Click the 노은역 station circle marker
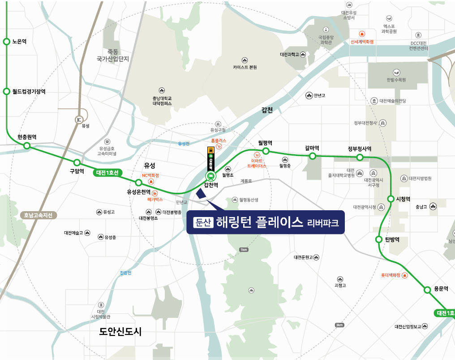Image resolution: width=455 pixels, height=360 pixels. point(6,41)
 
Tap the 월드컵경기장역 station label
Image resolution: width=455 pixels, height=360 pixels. point(29,91)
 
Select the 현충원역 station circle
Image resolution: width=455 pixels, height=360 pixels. point(26,146)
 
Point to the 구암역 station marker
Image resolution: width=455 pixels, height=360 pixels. point(77,162)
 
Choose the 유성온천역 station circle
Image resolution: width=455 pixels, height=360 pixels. point(139,182)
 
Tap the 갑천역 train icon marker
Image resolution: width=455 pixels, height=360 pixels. point(210,176)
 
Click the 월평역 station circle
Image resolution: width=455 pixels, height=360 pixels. point(266,151)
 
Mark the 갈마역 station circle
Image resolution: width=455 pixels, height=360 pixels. point(312,156)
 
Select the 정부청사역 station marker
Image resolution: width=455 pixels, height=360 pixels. point(359,157)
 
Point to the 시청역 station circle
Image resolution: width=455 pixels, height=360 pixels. point(391,199)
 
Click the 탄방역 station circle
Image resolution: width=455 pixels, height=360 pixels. point(378,239)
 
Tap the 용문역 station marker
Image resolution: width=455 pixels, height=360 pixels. point(427,290)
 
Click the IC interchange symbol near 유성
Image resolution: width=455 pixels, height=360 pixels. point(79,120)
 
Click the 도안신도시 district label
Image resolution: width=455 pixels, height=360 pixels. point(120,331)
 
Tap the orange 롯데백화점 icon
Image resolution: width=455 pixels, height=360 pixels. point(405,275)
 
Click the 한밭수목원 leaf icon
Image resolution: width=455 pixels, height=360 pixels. point(396,72)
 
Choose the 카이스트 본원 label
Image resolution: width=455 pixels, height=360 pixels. point(245,67)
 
